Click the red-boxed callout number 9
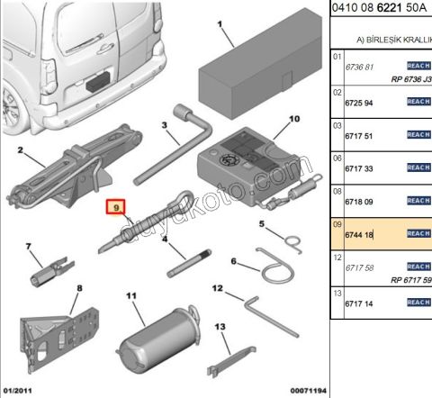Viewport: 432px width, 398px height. click(x=115, y=207)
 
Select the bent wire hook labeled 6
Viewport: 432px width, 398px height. click(x=270, y=268)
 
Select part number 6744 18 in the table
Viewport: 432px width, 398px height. click(x=359, y=233)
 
